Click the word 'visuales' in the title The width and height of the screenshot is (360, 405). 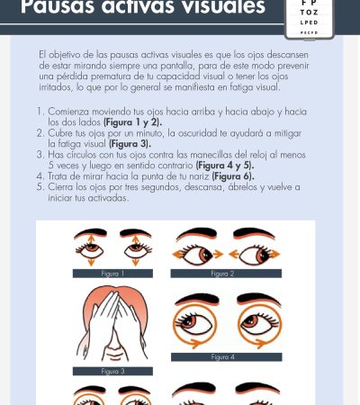(224, 6)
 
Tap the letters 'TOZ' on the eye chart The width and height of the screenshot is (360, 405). (309, 13)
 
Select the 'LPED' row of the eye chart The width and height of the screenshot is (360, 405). (309, 22)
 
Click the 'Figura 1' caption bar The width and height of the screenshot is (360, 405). (112, 274)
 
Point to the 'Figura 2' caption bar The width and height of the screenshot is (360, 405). (226, 274)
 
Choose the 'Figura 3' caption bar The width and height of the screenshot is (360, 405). (112, 371)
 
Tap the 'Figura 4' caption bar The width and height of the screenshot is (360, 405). (227, 357)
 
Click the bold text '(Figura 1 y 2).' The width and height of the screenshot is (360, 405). (132, 122)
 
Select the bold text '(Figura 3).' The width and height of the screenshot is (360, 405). (130, 144)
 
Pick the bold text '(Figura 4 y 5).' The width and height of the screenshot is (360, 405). (225, 166)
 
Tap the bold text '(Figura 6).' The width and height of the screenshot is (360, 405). (233, 176)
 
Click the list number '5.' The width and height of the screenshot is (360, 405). (40, 187)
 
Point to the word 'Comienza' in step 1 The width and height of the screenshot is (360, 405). (68, 112)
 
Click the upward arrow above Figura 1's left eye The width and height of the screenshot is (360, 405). (91, 239)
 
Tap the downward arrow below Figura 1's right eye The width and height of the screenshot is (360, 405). (136, 262)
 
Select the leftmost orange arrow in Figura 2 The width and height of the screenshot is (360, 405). (178, 255)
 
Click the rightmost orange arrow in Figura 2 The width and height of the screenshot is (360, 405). (274, 255)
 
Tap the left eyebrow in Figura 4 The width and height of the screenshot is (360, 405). (197, 299)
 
